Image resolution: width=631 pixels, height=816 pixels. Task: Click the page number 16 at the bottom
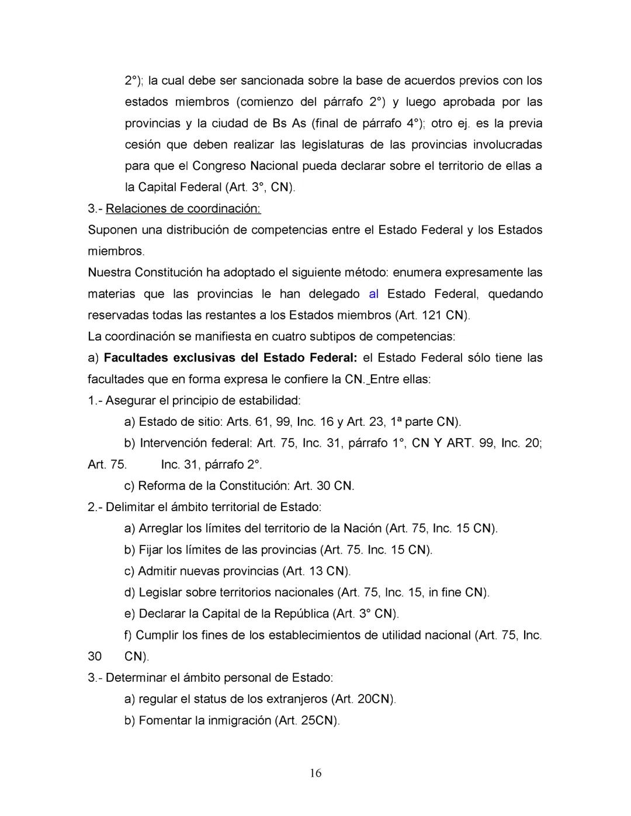[315, 773]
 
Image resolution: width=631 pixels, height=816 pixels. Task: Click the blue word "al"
[374, 294]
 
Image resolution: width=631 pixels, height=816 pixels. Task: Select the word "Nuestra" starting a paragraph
[109, 273]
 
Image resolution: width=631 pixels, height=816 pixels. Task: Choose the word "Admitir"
[158, 571]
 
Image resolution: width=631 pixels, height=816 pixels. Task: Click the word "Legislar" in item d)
[160, 592]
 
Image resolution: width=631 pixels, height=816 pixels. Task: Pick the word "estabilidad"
[270, 401]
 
